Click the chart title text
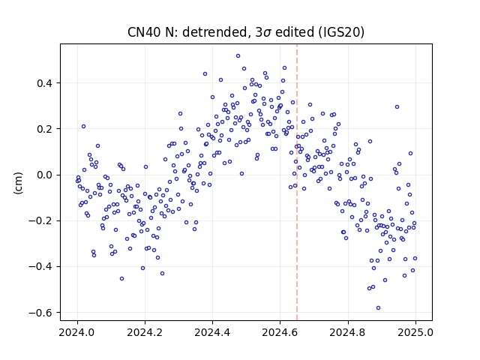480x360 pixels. point(246,32)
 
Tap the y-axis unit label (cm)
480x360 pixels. point(18,183)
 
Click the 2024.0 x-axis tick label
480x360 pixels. point(77,332)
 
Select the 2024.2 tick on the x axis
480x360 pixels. point(145,332)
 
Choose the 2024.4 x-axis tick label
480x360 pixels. point(212,332)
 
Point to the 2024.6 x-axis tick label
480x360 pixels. point(280,332)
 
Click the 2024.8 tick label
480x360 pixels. point(348,332)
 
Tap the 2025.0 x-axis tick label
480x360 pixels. point(415,332)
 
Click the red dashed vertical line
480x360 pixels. point(297,182)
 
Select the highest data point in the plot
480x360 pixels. point(238,55)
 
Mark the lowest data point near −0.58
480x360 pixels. point(378,307)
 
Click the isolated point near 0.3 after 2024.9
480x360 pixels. point(397,106)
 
